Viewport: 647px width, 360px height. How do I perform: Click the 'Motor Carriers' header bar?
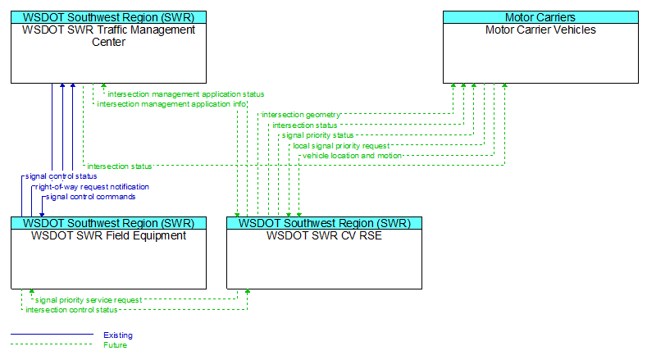click(x=540, y=17)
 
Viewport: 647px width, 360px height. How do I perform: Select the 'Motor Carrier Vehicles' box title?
click(x=540, y=30)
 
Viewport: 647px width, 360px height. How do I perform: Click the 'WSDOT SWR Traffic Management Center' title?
click(x=108, y=36)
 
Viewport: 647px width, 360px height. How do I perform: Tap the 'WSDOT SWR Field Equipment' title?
click(x=108, y=235)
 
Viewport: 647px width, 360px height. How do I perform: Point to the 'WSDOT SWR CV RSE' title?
click(x=325, y=235)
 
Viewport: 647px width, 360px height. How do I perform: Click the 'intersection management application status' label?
click(x=185, y=94)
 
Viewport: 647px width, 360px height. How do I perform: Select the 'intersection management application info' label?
click(x=171, y=104)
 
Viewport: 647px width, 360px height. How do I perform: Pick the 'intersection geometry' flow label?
click(x=301, y=115)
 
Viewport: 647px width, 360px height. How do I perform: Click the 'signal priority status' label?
click(x=317, y=135)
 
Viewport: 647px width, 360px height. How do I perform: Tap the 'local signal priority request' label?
click(x=341, y=146)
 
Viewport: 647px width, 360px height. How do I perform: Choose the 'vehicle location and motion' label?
click(x=352, y=156)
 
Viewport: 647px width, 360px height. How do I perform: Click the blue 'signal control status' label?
click(x=61, y=176)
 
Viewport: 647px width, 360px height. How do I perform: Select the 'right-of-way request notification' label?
click(x=92, y=187)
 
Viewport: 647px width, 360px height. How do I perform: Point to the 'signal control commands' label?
click(x=90, y=197)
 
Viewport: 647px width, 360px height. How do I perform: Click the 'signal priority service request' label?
click(x=89, y=300)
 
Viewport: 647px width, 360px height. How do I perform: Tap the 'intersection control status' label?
click(x=71, y=310)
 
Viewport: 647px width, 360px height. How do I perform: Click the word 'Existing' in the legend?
click(x=118, y=335)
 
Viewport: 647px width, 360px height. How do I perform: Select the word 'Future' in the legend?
click(x=115, y=345)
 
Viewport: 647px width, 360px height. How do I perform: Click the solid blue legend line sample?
click(x=52, y=335)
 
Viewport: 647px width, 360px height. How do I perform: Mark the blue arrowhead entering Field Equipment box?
click(x=42, y=215)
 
